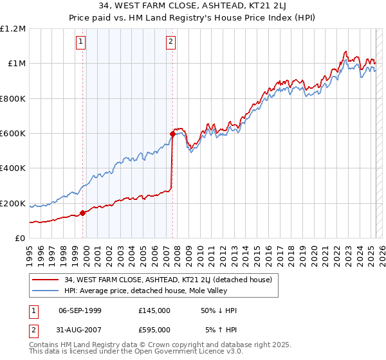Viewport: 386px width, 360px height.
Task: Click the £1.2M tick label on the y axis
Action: click(x=13, y=28)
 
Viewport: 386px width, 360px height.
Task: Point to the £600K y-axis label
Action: click(x=13, y=134)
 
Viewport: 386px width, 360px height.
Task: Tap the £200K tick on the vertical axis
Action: click(x=13, y=204)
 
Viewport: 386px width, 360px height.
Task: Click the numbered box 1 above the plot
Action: click(x=81, y=42)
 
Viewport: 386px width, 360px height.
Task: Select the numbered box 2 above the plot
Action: click(x=170, y=42)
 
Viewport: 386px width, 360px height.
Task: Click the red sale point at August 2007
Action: click(x=172, y=134)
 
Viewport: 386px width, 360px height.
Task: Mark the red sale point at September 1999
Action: click(x=82, y=213)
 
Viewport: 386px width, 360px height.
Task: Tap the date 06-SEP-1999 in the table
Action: click(x=80, y=310)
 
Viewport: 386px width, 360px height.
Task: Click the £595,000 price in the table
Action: click(x=154, y=330)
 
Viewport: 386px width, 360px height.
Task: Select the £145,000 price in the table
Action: click(x=154, y=310)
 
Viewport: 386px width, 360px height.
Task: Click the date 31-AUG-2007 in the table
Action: click(x=80, y=330)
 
